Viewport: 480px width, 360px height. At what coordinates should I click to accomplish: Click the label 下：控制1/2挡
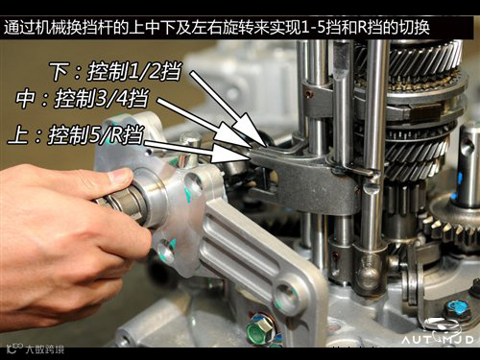click(x=115, y=71)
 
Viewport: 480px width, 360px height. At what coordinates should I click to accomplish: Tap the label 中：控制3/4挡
click(x=83, y=98)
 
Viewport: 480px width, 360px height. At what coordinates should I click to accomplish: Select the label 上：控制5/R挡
click(x=76, y=134)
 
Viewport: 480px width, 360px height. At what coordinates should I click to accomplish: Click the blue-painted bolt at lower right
click(x=458, y=309)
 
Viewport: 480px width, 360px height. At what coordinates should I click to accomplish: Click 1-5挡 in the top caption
click(x=324, y=28)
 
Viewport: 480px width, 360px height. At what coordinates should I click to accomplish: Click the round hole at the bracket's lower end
click(x=286, y=295)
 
